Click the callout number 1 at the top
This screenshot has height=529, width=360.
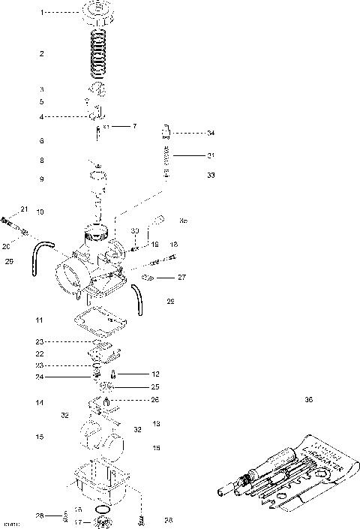click(42, 13)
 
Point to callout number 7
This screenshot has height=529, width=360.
click(135, 126)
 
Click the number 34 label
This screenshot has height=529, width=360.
click(211, 134)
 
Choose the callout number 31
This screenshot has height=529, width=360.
click(211, 155)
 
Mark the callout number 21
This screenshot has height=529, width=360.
click(23, 209)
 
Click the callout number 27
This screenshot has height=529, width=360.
click(181, 277)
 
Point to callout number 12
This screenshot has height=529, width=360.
click(156, 373)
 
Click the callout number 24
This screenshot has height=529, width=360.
click(39, 376)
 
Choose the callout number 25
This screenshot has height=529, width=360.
click(155, 386)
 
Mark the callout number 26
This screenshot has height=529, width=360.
click(155, 400)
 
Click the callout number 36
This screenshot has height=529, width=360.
click(308, 400)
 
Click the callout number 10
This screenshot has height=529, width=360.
click(39, 212)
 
